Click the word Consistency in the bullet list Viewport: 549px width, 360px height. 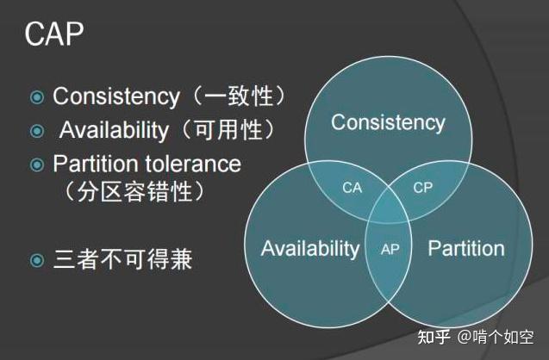click(x=116, y=96)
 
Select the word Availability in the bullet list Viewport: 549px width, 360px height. click(x=114, y=131)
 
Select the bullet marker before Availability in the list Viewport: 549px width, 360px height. click(x=36, y=132)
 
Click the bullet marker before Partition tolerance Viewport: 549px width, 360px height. click(x=36, y=164)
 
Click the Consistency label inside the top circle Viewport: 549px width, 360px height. click(x=388, y=122)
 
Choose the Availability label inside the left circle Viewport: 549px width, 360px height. click(x=309, y=249)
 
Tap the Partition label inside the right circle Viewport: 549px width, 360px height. click(x=466, y=249)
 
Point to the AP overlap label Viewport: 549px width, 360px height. click(x=390, y=249)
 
